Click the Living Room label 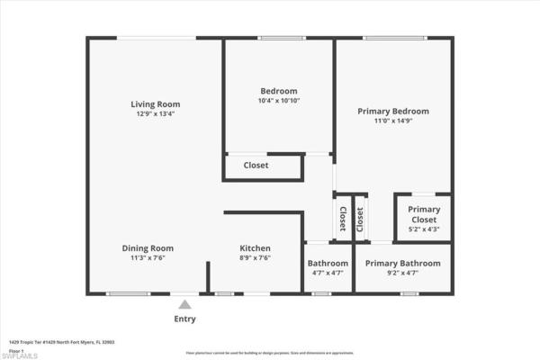155,104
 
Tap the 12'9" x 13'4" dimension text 155,114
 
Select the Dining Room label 148,248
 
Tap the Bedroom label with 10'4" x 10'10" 278,91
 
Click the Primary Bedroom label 392,111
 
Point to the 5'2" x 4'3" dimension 424,229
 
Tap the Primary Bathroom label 402,263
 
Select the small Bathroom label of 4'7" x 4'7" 328,263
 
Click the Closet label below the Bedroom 256,166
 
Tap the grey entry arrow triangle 184,305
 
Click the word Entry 184,319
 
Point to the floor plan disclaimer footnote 269,353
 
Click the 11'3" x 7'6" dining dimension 148,258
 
